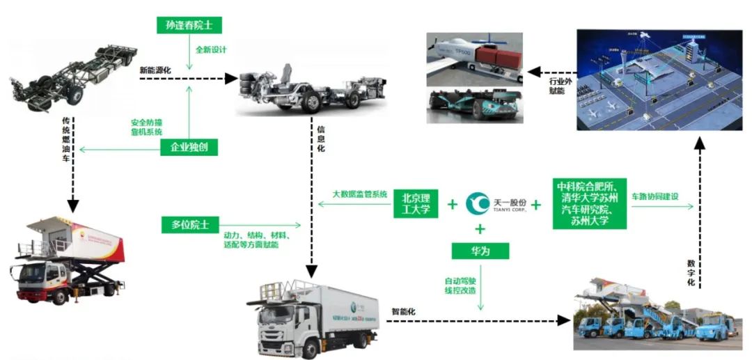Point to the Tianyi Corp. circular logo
click(x=478, y=203)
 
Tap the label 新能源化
click(x=155, y=70)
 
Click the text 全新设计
click(x=210, y=50)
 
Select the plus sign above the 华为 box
click(x=480, y=229)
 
